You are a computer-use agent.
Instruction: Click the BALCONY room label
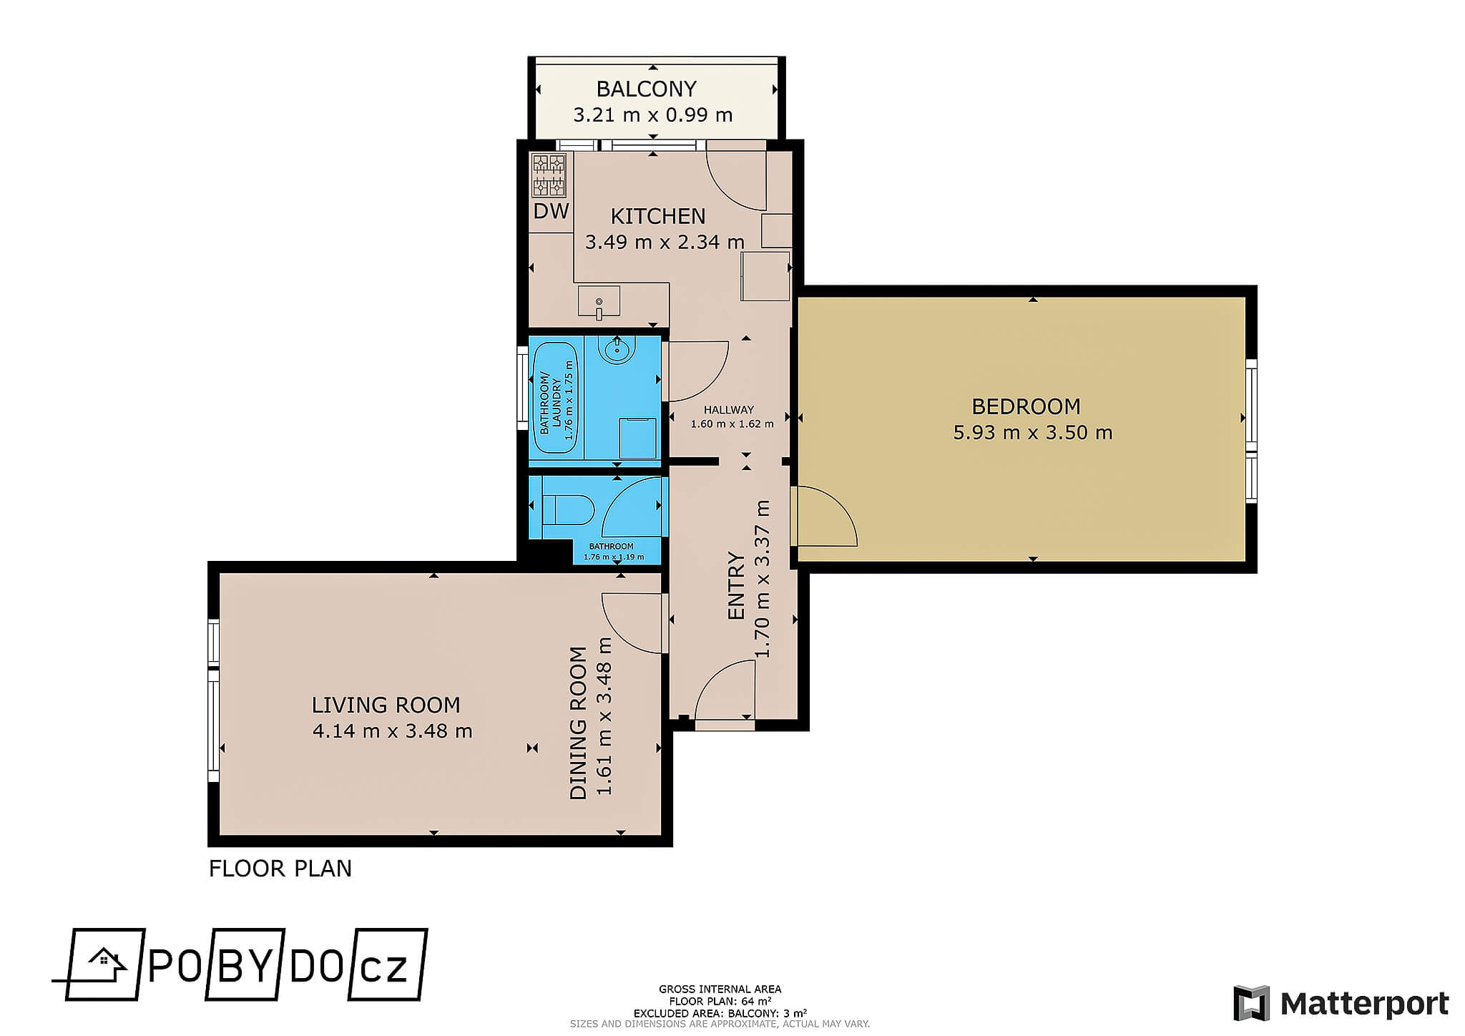click(646, 89)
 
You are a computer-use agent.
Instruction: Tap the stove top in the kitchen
click(549, 175)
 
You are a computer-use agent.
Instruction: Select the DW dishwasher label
click(552, 210)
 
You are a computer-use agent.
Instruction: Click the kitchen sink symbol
click(599, 301)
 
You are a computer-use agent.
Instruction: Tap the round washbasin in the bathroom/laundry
click(617, 350)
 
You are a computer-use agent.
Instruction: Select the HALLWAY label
click(729, 410)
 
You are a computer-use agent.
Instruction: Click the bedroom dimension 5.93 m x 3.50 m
click(1032, 433)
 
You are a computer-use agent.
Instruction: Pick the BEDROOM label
click(1026, 406)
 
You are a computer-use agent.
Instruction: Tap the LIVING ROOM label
click(386, 705)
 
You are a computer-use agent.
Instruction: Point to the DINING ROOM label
click(579, 723)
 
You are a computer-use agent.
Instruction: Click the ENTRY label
click(736, 585)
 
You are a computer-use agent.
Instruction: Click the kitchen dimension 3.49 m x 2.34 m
click(665, 242)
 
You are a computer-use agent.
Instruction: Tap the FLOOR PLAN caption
click(280, 869)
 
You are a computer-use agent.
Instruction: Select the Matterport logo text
click(1364, 1004)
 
